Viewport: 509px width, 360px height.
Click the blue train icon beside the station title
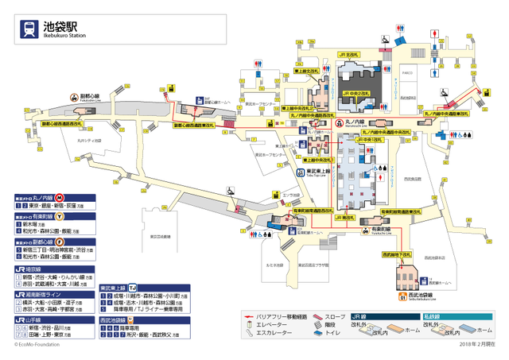coord(29,29)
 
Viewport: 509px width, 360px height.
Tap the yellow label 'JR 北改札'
coord(349,54)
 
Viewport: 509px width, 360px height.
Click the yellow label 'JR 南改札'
coord(344,216)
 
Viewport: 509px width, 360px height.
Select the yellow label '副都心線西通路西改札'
coord(61,124)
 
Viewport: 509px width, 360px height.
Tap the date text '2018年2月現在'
coord(476,344)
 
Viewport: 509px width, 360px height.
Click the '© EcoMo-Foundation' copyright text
coord(38,344)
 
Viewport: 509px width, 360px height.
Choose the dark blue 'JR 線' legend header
coord(374,315)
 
